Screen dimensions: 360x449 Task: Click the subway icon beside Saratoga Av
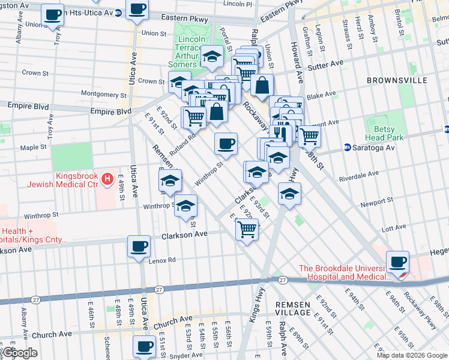[x=347, y=147]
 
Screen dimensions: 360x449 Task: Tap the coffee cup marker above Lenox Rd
[x=139, y=246]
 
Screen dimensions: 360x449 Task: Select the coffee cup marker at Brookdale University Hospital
[x=398, y=262]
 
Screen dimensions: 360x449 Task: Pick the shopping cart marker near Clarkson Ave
[x=247, y=229]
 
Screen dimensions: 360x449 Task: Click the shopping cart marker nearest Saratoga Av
[x=309, y=136]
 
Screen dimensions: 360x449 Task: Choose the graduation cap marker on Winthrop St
[x=186, y=206]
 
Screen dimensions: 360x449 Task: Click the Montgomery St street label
[x=104, y=94]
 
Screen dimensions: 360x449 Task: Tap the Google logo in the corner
[x=20, y=353]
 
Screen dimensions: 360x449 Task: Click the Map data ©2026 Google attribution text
[x=411, y=355]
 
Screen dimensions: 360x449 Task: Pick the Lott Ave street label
[x=394, y=229]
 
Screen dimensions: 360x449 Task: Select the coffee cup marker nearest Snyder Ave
[x=144, y=346]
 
